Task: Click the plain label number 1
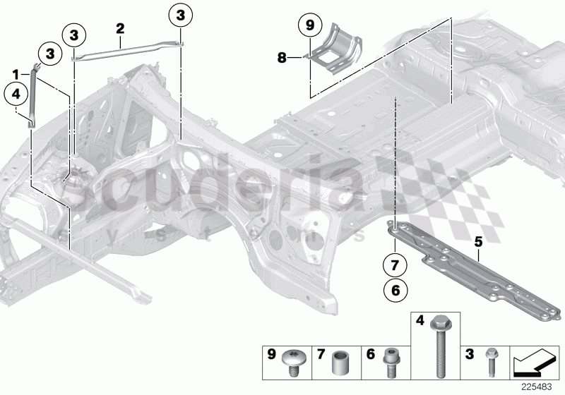pos(15,73)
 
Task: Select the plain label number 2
pos(120,28)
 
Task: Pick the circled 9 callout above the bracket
pos(308,26)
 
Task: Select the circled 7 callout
pos(395,267)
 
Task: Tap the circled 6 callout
pos(395,290)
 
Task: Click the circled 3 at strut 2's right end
pos(181,14)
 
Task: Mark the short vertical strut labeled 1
pos(32,95)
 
